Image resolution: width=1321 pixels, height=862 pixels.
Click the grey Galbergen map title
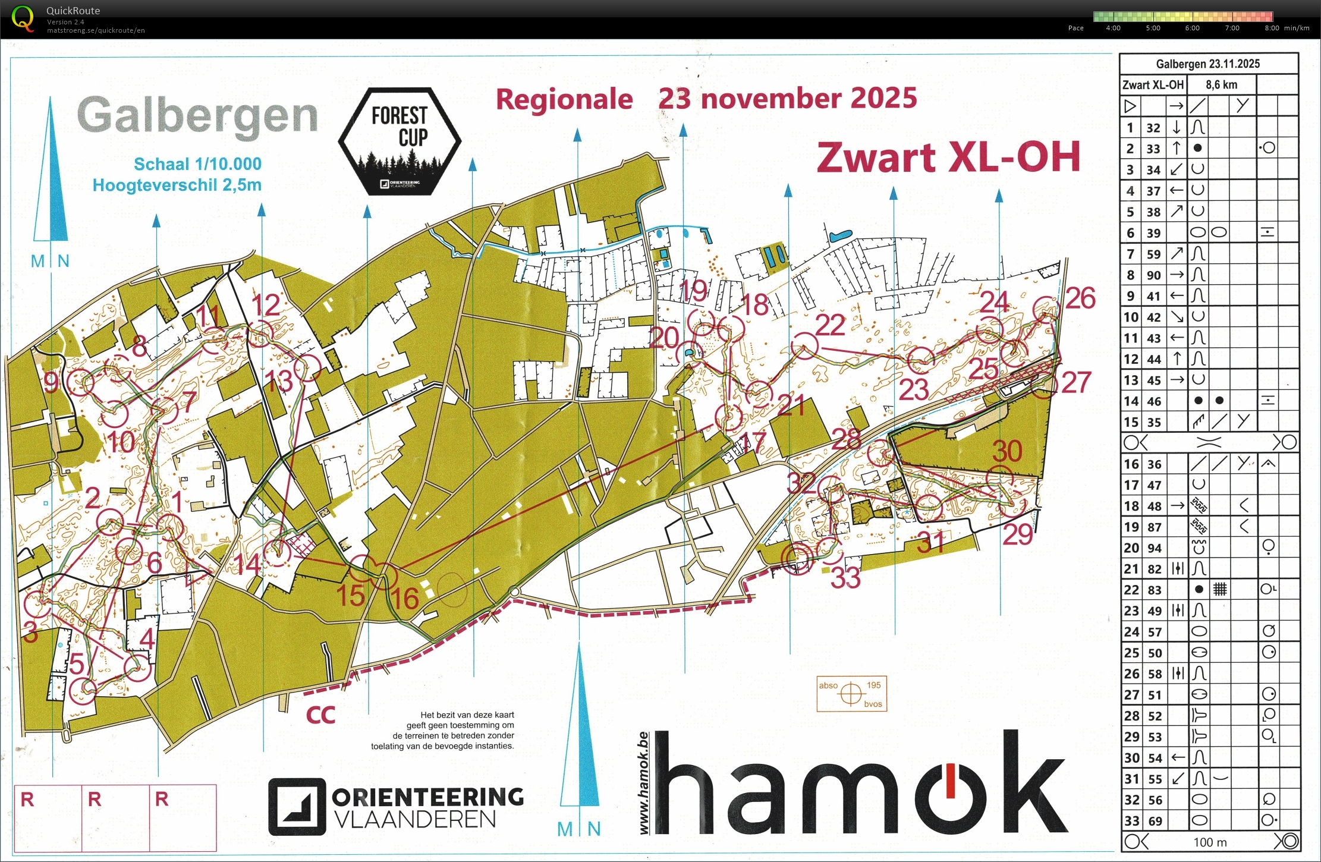[x=197, y=116]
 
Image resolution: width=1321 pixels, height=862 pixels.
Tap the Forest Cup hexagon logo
[x=400, y=141]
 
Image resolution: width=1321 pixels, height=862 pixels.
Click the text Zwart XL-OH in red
[x=948, y=158]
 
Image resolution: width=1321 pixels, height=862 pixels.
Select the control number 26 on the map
[x=1080, y=298]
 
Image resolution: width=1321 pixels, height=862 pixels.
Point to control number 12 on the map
[x=265, y=306]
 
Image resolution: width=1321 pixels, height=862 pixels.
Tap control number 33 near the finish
[x=845, y=577]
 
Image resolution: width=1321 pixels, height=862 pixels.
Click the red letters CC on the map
[x=320, y=715]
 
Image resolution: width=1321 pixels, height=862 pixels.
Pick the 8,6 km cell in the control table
[x=1221, y=85]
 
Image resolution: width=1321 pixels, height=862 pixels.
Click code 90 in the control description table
[x=1153, y=275]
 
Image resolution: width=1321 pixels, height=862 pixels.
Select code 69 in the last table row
[x=1155, y=821]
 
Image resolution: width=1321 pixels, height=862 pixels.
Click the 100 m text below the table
[x=1210, y=842]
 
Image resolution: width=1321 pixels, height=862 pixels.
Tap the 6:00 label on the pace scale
[x=1192, y=28]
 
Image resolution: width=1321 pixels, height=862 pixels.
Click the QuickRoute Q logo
[x=23, y=18]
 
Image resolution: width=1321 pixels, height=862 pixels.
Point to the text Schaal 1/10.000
[x=197, y=164]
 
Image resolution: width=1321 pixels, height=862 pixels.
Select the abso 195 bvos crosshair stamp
[x=851, y=693]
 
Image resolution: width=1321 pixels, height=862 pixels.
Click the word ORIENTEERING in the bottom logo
[x=427, y=797]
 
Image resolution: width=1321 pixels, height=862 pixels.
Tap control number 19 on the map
[x=693, y=291]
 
